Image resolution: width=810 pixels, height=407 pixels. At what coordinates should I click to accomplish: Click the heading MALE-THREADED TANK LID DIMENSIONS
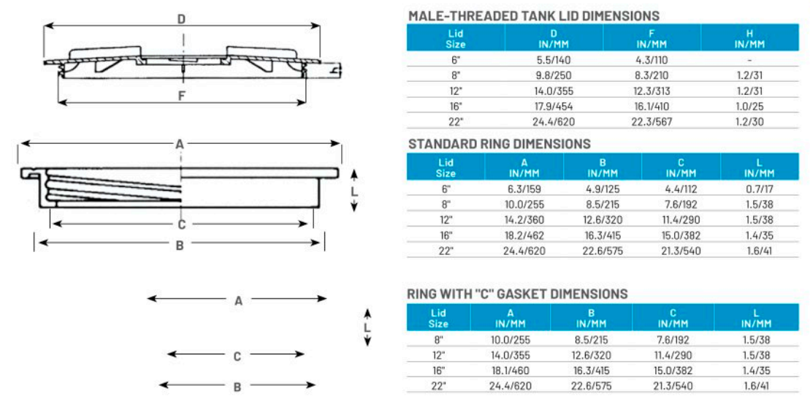click(x=533, y=15)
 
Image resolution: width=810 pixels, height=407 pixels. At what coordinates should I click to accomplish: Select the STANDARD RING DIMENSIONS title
click(x=499, y=144)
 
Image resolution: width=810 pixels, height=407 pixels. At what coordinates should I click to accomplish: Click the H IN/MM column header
click(x=749, y=38)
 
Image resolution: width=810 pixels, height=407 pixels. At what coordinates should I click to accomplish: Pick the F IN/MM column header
click(x=651, y=38)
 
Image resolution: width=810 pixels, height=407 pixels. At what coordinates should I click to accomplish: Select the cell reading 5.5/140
click(x=553, y=60)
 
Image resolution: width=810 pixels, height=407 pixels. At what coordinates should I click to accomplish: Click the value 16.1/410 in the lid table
click(x=651, y=106)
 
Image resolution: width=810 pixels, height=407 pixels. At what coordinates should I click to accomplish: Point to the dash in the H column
click(x=749, y=60)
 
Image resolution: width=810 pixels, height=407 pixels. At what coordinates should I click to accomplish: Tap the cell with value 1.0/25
click(x=749, y=106)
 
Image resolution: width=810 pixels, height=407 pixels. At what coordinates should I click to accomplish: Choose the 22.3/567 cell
click(x=651, y=121)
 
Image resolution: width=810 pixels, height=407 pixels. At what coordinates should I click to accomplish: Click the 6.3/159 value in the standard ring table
click(x=524, y=189)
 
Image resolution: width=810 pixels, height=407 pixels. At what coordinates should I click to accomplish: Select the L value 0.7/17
click(x=760, y=189)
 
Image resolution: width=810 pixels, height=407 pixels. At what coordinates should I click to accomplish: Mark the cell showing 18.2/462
click(x=524, y=235)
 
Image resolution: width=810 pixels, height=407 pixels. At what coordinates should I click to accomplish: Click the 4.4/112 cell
click(x=681, y=189)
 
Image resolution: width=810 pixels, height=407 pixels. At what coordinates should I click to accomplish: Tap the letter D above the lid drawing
click(x=181, y=19)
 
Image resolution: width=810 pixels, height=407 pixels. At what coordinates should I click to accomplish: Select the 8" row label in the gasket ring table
click(x=438, y=339)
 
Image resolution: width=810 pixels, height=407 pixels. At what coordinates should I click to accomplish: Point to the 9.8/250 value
click(x=553, y=75)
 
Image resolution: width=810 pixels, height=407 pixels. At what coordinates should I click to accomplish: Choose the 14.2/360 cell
click(x=524, y=219)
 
